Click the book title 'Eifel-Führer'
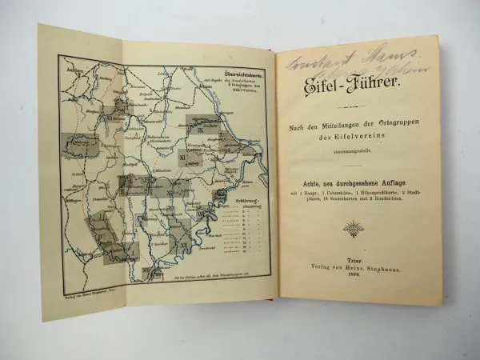[x=356, y=85]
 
